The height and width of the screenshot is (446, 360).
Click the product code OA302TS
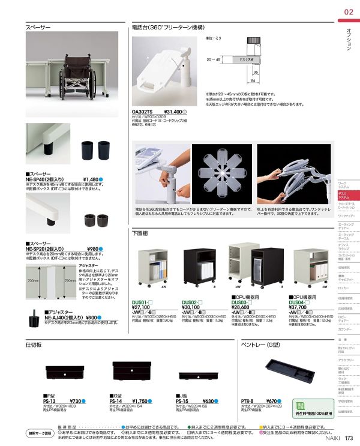(x=143, y=112)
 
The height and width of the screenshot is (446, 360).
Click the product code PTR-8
(x=247, y=401)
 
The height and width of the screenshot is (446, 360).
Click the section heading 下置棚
(x=139, y=232)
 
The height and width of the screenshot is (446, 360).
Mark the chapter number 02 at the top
(x=349, y=13)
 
